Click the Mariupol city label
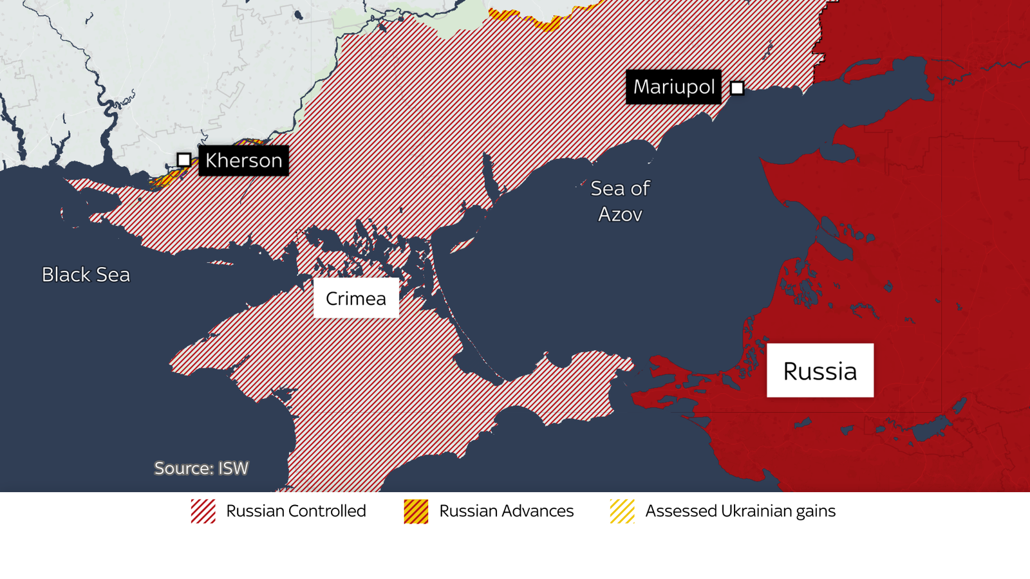click(673, 87)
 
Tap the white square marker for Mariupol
click(737, 88)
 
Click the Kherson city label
click(243, 160)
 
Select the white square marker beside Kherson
click(184, 160)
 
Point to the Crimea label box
click(356, 299)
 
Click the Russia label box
click(819, 371)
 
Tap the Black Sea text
click(86, 275)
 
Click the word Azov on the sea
click(620, 214)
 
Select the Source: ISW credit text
click(201, 468)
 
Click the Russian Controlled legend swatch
click(203, 511)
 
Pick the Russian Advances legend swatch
click(416, 511)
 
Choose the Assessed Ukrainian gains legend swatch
click(622, 511)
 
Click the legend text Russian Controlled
click(295, 511)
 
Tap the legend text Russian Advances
click(506, 511)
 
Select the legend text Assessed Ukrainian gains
click(740, 511)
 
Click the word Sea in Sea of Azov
click(607, 188)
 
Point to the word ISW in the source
click(233, 468)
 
